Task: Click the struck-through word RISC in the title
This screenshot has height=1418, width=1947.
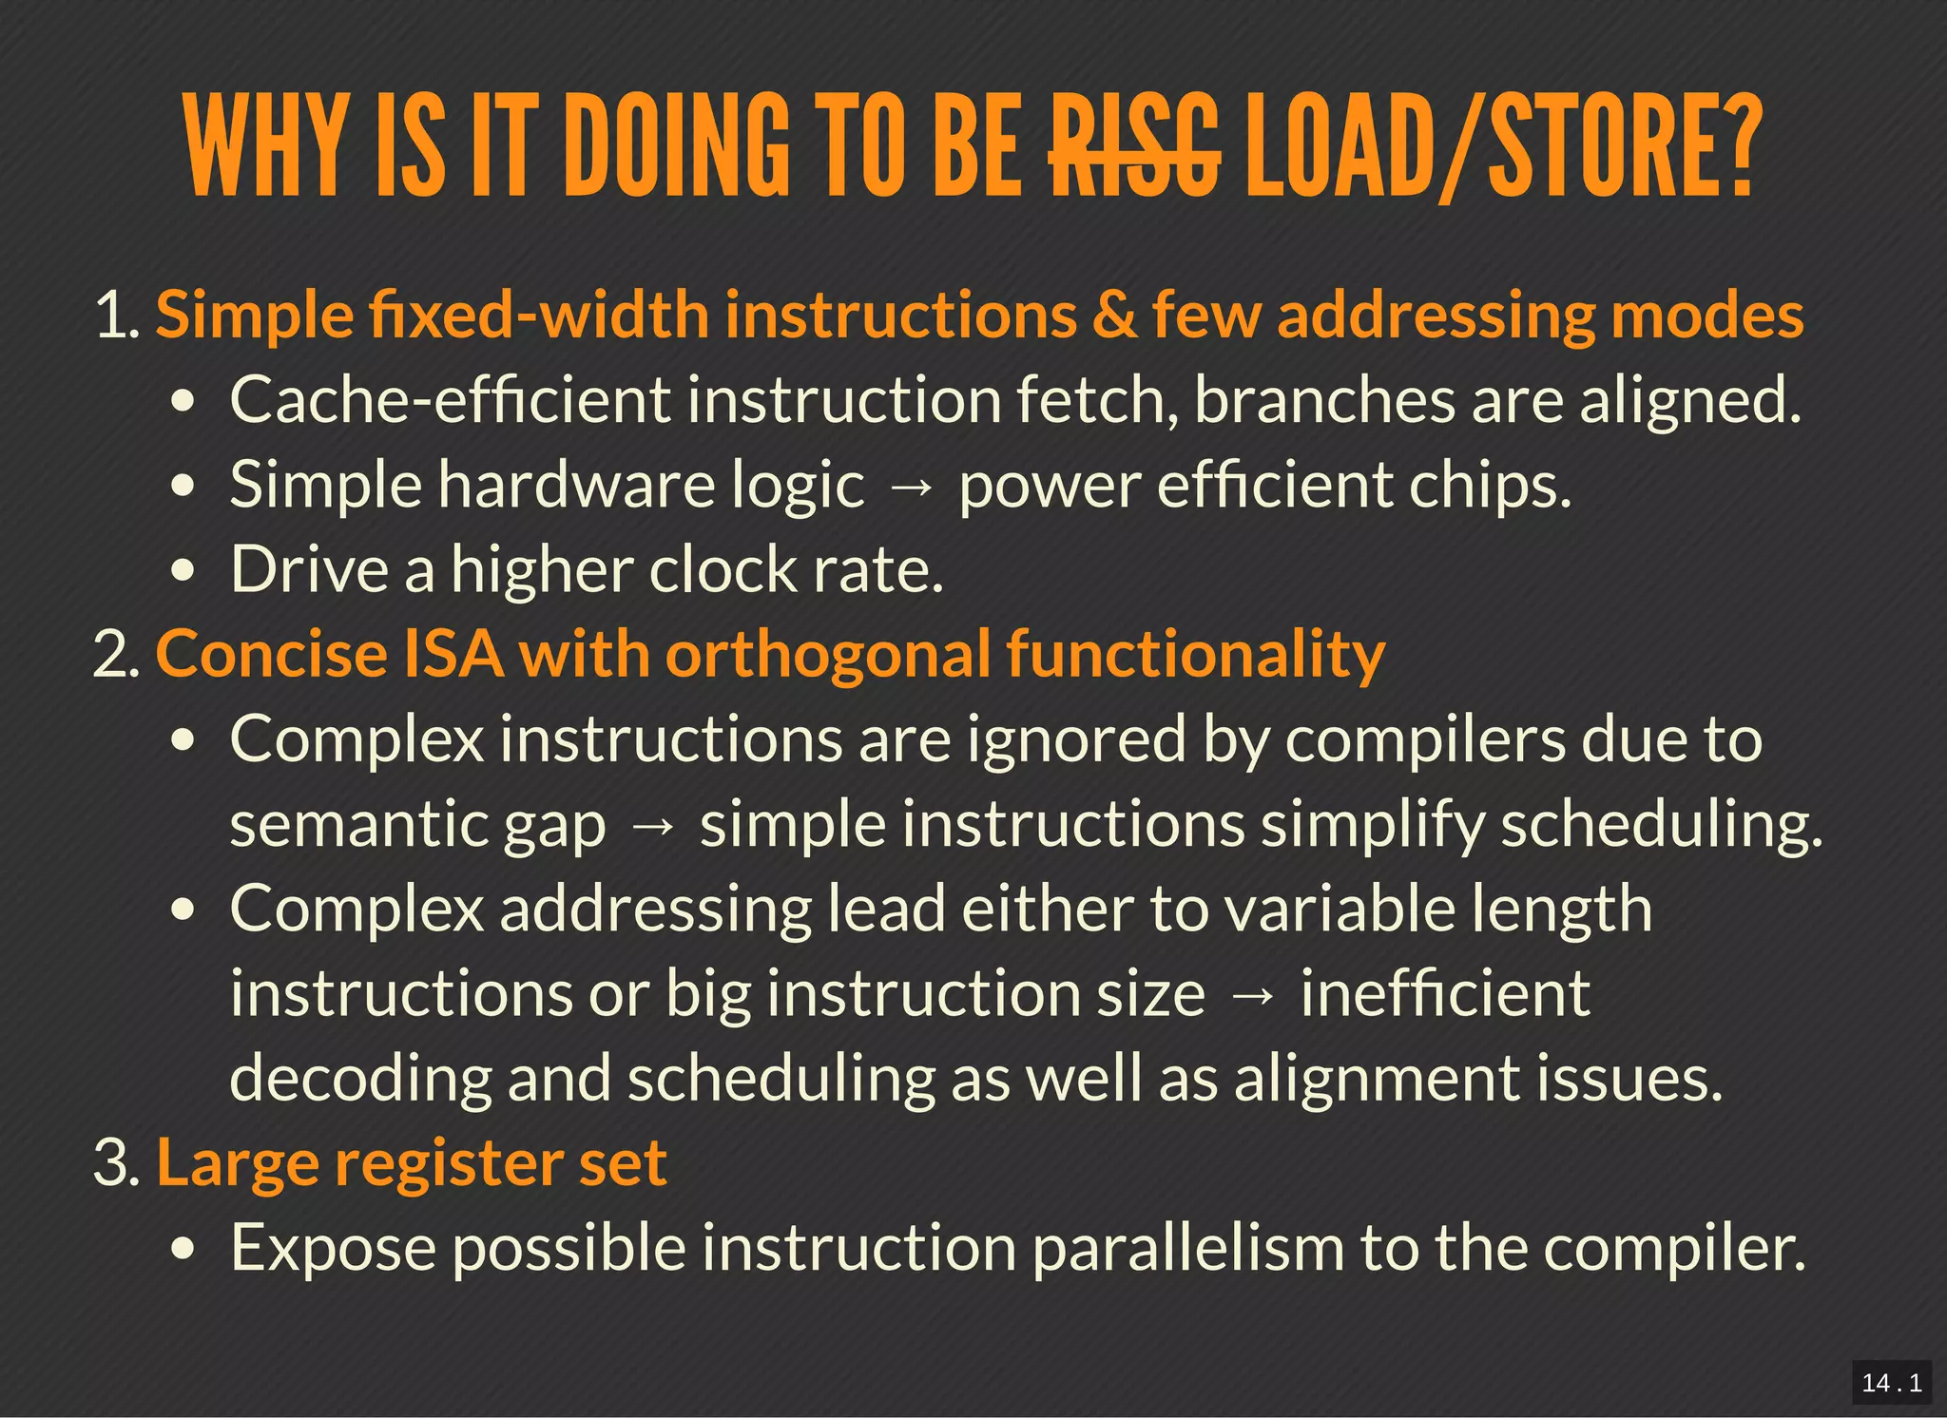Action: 1134,147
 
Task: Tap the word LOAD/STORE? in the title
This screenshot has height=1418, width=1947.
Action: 1502,147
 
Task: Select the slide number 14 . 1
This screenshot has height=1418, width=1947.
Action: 1891,1382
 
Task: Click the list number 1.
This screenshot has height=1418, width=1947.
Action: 117,316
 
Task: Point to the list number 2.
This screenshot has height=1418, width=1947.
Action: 117,655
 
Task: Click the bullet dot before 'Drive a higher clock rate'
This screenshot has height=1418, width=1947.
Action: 184,571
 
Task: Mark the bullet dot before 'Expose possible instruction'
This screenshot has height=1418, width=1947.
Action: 184,1249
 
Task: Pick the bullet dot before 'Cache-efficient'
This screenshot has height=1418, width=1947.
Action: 184,402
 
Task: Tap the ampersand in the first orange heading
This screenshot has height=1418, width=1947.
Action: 1114,316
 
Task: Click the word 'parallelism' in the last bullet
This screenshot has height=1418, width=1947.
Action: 1188,1247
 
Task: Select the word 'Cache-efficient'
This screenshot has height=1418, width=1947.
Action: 451,400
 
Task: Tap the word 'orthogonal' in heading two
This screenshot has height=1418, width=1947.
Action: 827,657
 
